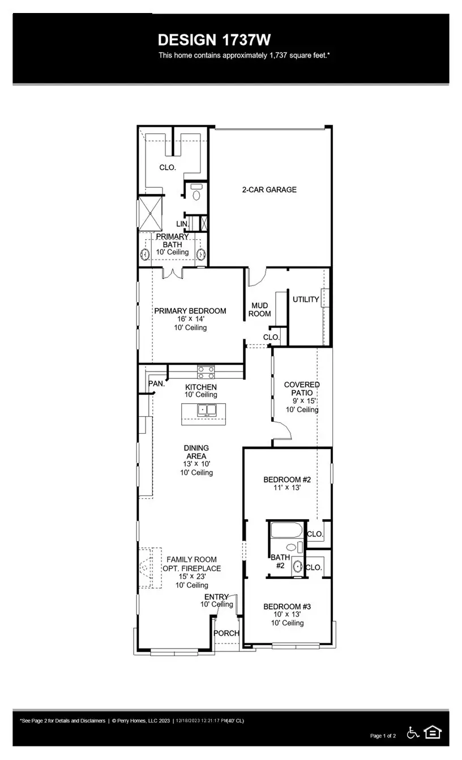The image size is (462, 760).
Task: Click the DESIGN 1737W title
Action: [x=214, y=40]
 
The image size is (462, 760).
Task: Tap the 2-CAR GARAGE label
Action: [x=269, y=189]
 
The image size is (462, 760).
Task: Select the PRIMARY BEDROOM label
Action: [x=190, y=310]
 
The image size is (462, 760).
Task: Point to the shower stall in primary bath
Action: [x=151, y=213]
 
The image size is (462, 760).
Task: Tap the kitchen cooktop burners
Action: [x=206, y=372]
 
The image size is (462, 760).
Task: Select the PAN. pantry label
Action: [x=156, y=383]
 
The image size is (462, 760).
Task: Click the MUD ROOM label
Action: [x=260, y=309]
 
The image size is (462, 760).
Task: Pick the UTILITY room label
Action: [x=306, y=299]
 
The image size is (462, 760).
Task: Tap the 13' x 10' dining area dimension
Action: [x=196, y=464]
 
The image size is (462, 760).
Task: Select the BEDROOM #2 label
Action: [x=287, y=480]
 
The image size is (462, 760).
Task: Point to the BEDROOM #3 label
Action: [x=287, y=606]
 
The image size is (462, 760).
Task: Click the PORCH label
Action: [x=226, y=633]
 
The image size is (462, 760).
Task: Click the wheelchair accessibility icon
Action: [x=413, y=732]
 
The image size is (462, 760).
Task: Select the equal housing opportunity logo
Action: [x=433, y=732]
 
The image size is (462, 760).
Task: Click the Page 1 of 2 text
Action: [x=383, y=736]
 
